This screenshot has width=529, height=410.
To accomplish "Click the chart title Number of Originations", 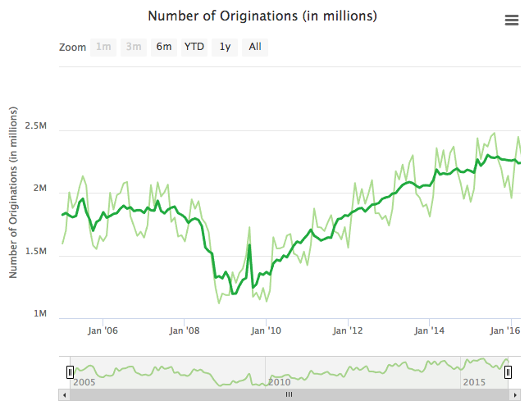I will [x=262, y=16].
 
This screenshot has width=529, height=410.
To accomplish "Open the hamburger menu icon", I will [x=512, y=20].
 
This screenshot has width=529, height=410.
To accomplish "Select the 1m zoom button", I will [x=104, y=47].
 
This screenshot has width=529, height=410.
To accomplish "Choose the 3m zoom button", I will [x=133, y=47].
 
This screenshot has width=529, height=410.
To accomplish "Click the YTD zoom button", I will [x=194, y=47].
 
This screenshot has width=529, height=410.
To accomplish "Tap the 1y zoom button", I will [x=224, y=47].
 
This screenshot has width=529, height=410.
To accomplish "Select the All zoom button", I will [x=255, y=47].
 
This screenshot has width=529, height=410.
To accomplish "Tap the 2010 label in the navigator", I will [x=279, y=382].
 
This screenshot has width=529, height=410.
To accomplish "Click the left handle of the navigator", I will [x=70, y=372].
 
